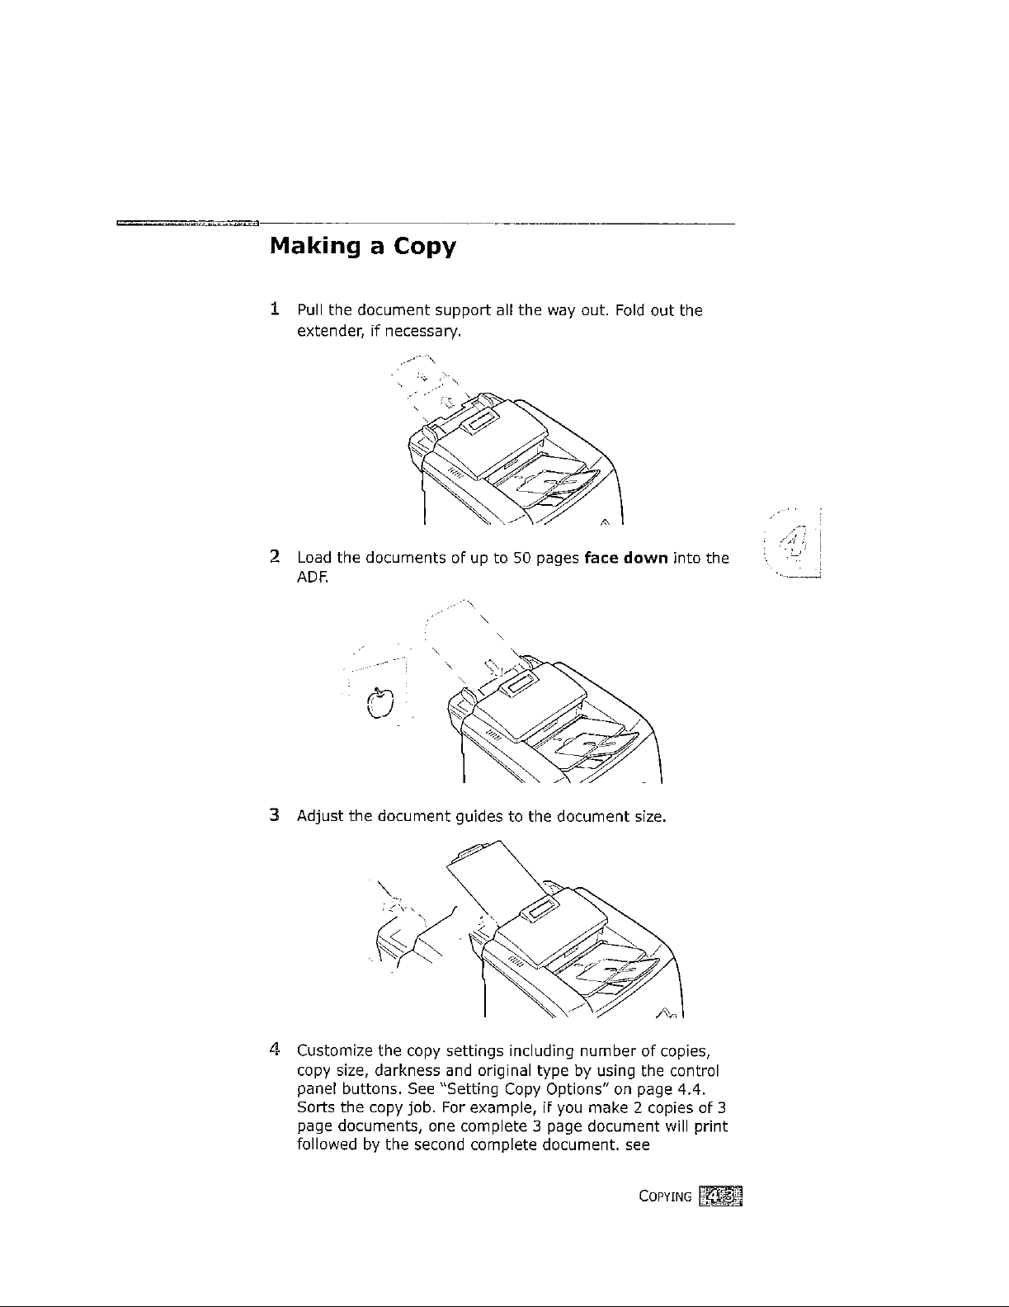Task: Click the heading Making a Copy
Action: coord(362,247)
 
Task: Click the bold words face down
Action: coord(625,558)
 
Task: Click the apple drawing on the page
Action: coord(380,703)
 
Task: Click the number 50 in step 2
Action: coord(521,558)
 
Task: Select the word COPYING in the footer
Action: coord(664,1196)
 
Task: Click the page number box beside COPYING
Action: coord(719,1196)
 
